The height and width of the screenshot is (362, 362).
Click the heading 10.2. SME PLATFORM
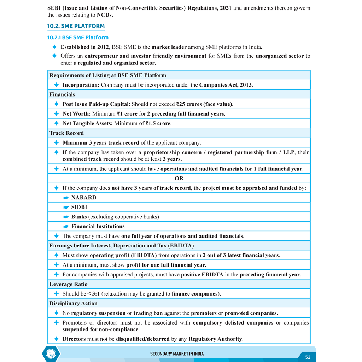click(x=76, y=26)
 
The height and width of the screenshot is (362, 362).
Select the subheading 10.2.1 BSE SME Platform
click(x=78, y=37)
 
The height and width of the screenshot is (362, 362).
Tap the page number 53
click(x=308, y=357)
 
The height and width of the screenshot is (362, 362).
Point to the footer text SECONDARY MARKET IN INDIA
click(x=177, y=354)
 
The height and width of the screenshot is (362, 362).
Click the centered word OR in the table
click(x=179, y=179)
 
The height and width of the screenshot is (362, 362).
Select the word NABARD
click(x=84, y=198)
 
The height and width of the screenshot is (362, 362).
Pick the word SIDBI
click(x=79, y=207)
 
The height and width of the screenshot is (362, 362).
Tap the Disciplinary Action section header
click(x=73, y=303)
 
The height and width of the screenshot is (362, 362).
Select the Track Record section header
click(x=66, y=133)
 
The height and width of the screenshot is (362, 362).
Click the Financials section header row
click(x=62, y=95)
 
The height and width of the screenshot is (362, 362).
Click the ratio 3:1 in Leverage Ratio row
click(x=96, y=294)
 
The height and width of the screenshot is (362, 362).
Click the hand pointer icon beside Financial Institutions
click(x=66, y=227)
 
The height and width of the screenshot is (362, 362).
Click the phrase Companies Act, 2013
click(x=226, y=85)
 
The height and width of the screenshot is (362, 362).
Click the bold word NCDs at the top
click(x=104, y=15)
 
